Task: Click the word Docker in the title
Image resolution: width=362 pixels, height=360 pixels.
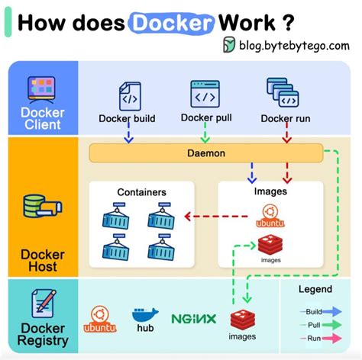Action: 170,23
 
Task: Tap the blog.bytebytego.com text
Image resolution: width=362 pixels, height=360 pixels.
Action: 291,45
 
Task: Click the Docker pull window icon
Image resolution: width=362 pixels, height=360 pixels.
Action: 205,94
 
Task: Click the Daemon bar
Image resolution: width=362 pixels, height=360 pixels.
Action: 206,153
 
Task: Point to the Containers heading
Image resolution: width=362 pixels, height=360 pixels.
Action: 141,192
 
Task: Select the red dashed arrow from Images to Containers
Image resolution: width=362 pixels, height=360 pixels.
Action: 217,216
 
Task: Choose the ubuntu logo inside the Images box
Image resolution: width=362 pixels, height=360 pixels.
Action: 269,217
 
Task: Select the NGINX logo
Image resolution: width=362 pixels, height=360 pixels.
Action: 193,319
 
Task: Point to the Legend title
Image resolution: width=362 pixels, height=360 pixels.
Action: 315,289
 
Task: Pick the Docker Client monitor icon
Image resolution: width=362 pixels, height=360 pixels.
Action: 42,89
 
